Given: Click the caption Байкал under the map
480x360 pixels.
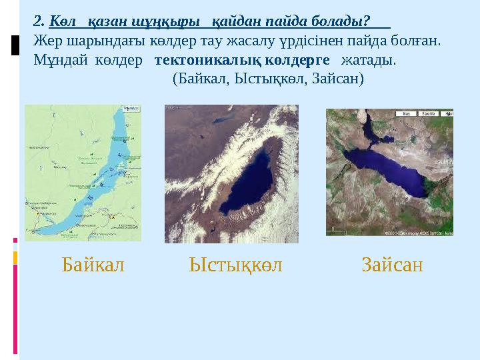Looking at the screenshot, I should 93,265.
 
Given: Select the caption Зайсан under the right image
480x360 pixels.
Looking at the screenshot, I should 393,265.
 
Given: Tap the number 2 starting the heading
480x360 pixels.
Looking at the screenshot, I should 37,20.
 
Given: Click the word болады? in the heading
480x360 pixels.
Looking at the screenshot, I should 341,20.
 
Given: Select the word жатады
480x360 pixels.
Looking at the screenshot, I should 369,60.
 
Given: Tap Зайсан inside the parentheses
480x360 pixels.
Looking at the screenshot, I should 338,79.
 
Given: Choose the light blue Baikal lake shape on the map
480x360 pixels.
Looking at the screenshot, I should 100,180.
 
